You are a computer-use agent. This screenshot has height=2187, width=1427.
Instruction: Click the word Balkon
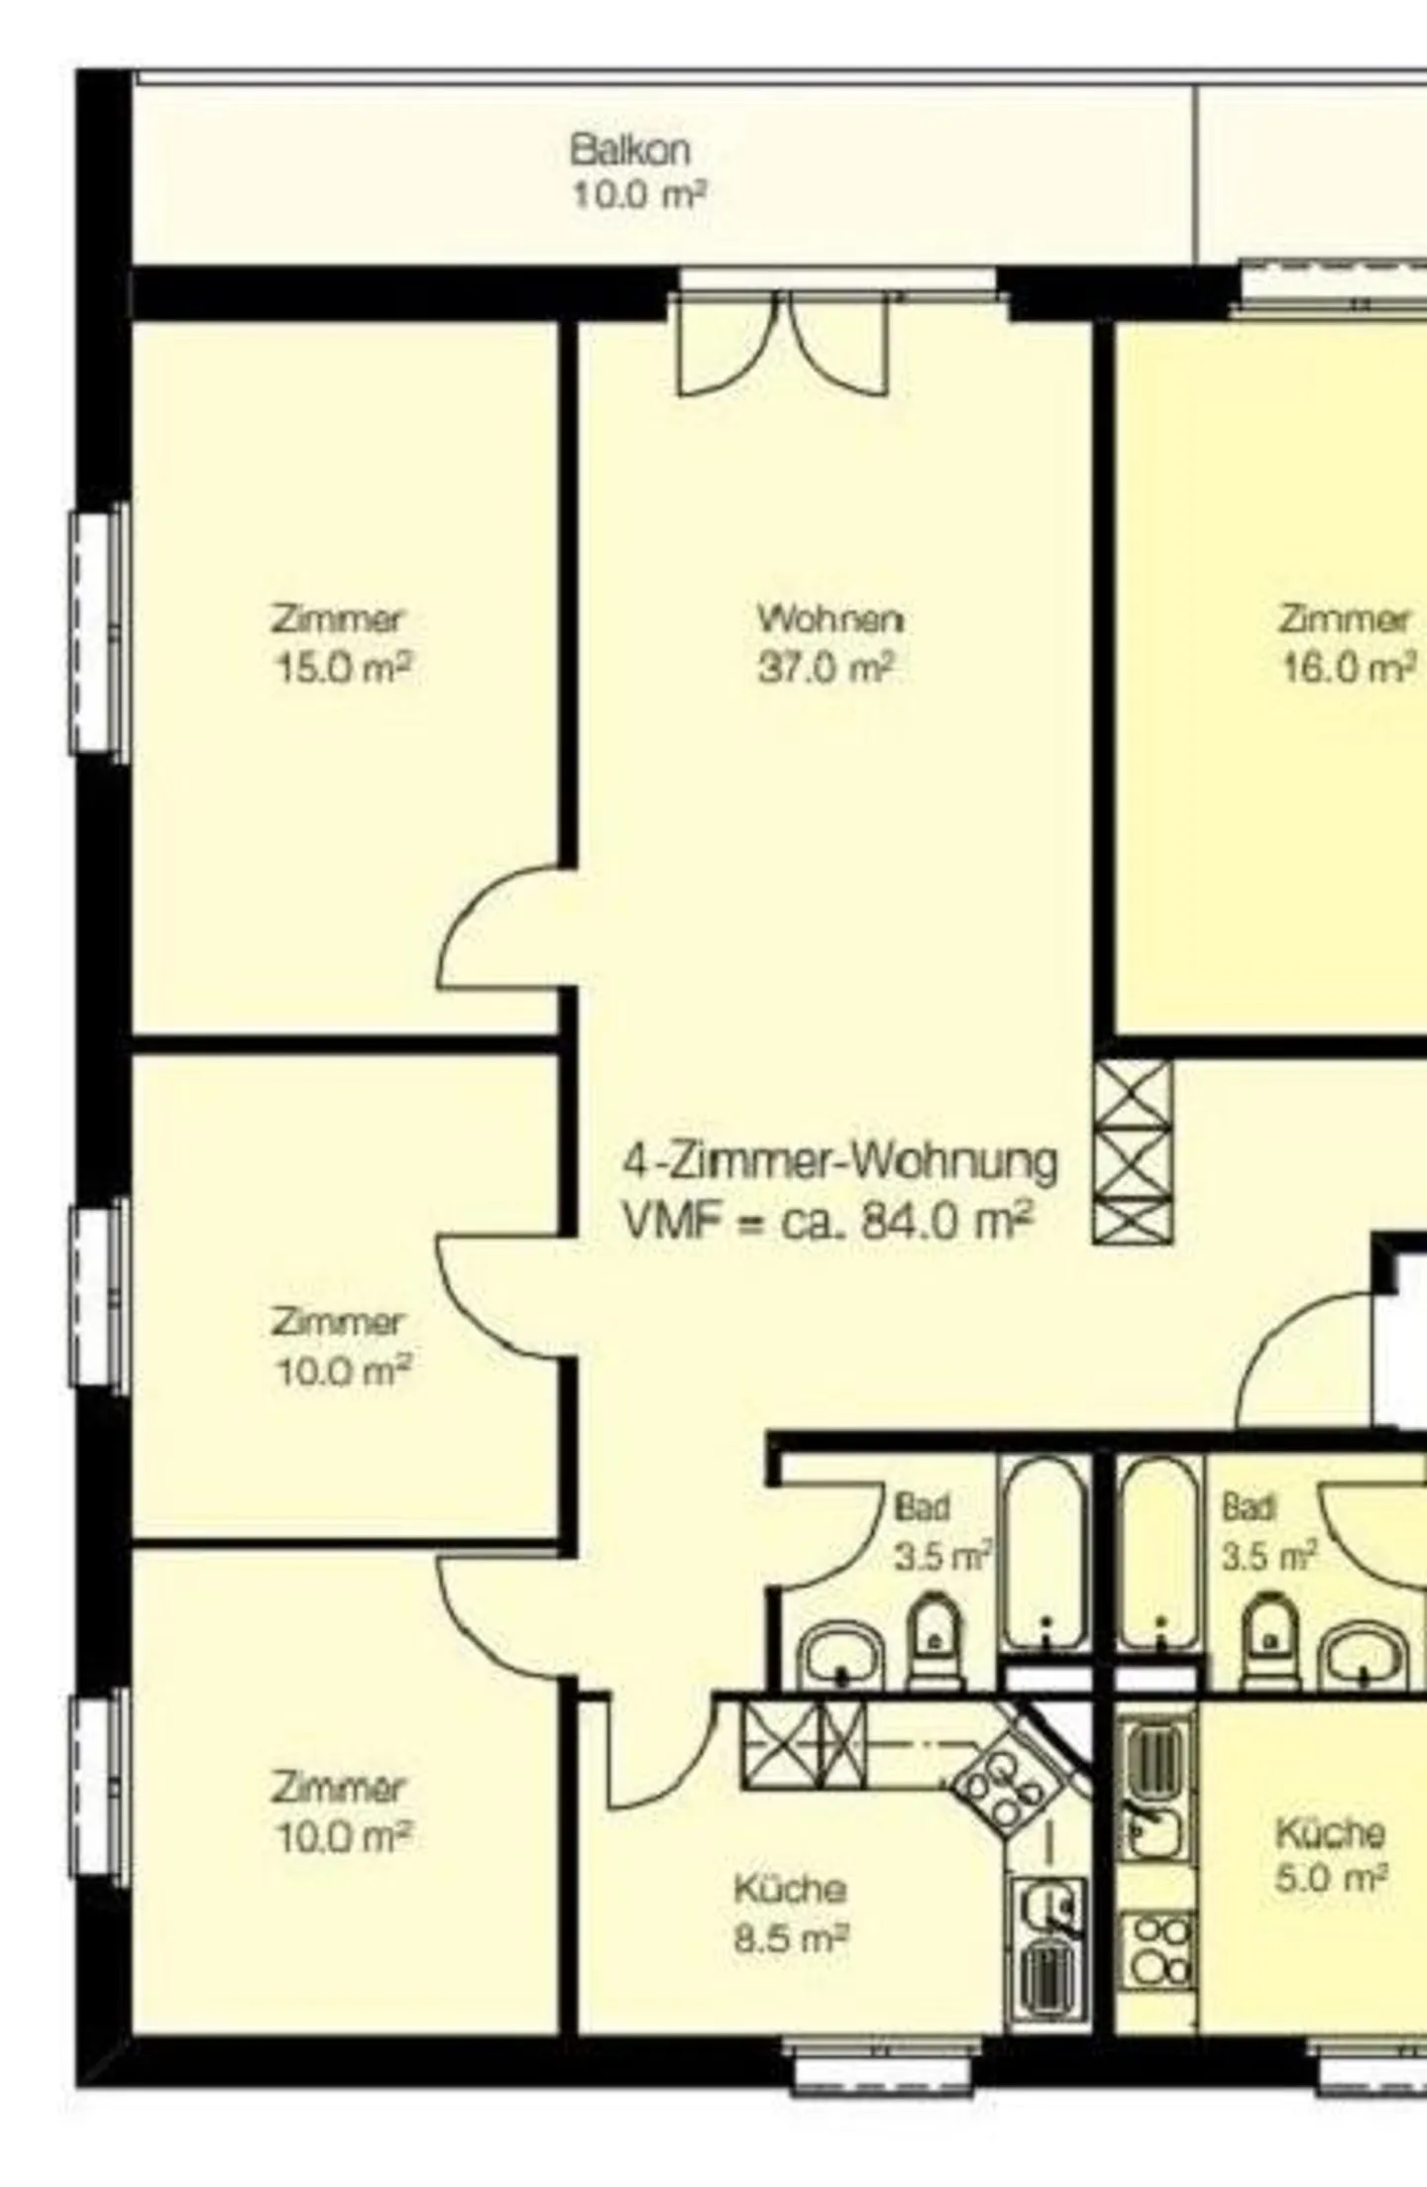[x=630, y=151]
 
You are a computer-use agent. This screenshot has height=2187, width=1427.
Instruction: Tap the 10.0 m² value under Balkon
[x=638, y=195]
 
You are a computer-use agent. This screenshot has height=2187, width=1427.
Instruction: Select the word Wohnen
[x=830, y=619]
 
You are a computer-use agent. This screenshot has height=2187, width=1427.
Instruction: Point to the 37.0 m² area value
[x=826, y=668]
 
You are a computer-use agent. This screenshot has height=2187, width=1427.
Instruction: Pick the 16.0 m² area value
[x=1349, y=669]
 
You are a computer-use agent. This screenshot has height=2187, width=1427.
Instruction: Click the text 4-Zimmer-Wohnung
[x=839, y=1161]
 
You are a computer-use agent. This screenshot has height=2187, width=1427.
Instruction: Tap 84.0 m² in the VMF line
[x=947, y=1222]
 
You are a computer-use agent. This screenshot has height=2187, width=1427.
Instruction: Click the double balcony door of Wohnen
[x=783, y=347]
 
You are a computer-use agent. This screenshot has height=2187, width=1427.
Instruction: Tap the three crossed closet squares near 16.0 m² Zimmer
[x=1133, y=1150]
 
